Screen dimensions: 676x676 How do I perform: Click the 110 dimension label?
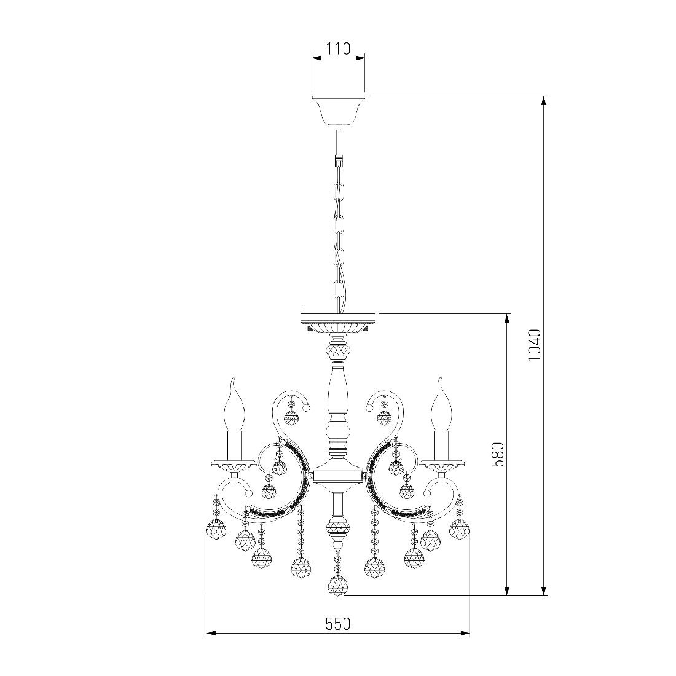coord(338,49)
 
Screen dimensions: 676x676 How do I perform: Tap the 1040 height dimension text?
coord(534,345)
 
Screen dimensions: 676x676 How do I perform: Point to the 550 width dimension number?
coord(338,624)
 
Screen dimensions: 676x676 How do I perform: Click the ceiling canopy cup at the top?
coord(338,109)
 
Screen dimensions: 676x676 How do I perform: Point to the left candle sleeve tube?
coord(235,446)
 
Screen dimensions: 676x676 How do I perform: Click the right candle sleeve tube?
coord(441,446)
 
